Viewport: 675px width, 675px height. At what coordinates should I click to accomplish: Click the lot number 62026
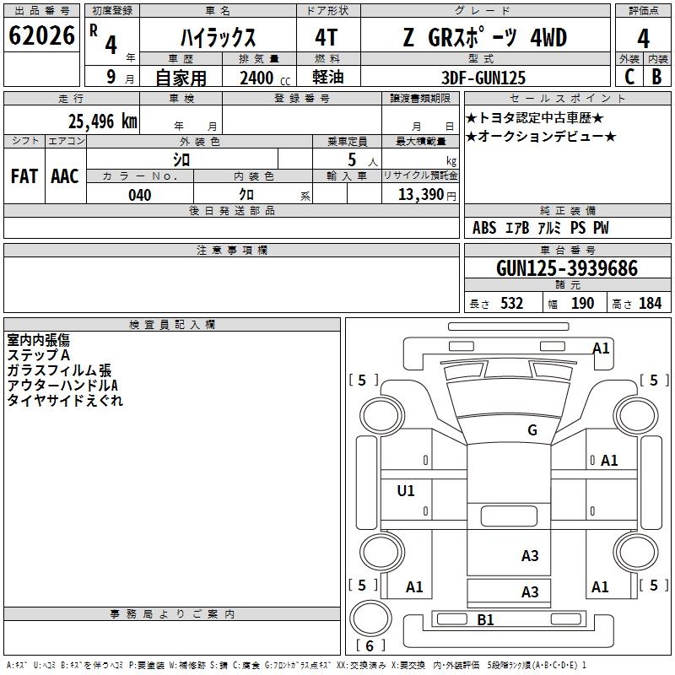pyautogui.click(x=41, y=37)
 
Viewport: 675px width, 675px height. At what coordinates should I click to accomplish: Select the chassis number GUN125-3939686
pyautogui.click(x=566, y=269)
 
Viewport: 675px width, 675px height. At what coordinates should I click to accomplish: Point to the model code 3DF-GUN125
pyautogui.click(x=483, y=78)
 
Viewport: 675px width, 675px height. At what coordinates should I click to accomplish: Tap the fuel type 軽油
pyautogui.click(x=328, y=78)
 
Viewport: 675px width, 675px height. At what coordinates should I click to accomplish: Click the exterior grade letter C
pyautogui.click(x=629, y=77)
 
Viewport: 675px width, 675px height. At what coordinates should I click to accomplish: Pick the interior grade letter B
pyautogui.click(x=656, y=77)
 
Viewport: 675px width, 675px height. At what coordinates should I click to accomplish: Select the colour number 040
pyautogui.click(x=140, y=195)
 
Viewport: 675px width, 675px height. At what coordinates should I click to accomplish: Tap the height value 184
pyautogui.click(x=650, y=304)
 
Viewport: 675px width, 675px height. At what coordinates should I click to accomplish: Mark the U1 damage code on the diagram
pyautogui.click(x=406, y=490)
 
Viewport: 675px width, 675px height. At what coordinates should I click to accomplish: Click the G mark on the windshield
pyautogui.click(x=532, y=430)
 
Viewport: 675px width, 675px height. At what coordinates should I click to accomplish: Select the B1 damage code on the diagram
pyautogui.click(x=485, y=620)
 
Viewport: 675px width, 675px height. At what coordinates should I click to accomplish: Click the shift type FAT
pyautogui.click(x=24, y=176)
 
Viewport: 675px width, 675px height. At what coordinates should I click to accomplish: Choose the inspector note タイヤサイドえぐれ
pyautogui.click(x=65, y=401)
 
